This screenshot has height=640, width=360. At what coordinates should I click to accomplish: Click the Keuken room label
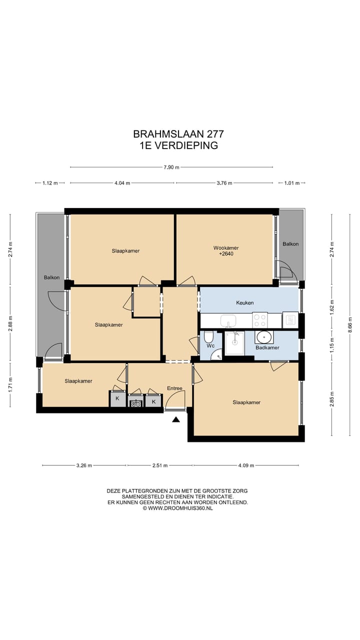point(245,302)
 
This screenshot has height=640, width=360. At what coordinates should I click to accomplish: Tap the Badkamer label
point(267,347)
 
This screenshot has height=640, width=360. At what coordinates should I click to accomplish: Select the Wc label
point(210,346)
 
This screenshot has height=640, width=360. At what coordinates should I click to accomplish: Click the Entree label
point(174,388)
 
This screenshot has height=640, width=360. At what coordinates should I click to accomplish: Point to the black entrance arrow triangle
point(175,419)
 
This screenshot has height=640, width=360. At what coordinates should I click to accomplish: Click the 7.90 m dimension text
point(171,167)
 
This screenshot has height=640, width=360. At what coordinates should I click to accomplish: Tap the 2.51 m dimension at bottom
point(160,465)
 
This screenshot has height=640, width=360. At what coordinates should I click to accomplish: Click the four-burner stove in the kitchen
point(260,320)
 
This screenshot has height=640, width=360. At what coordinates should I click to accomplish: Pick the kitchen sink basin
point(228,320)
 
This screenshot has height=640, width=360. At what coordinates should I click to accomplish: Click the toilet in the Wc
point(208,337)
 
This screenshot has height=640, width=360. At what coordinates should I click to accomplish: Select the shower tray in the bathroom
point(234,343)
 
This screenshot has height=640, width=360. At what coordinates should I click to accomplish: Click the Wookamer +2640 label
point(226,250)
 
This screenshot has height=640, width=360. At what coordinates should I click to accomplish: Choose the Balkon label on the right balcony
point(290,244)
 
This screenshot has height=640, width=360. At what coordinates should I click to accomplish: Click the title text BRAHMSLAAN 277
point(178,133)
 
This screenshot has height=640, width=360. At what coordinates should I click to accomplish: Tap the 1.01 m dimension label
point(291,183)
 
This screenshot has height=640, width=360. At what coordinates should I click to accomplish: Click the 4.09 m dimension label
point(246,465)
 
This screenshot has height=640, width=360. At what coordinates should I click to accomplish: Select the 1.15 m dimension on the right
point(332,345)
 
